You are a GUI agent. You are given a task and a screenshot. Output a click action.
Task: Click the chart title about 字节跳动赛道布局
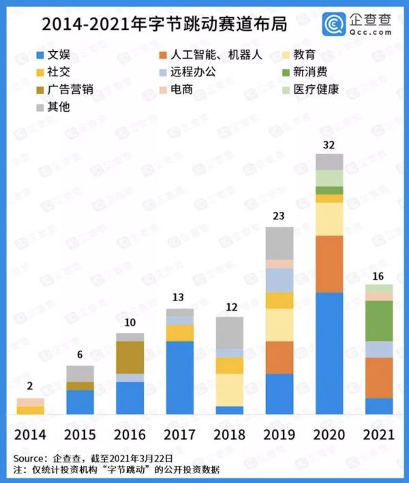click(x=164, y=25)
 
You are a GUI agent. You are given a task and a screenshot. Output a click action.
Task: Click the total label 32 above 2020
click(x=330, y=144)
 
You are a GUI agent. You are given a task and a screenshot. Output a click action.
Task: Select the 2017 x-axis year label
click(x=180, y=434)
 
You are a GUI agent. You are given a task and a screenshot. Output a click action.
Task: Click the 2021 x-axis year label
click(x=378, y=434)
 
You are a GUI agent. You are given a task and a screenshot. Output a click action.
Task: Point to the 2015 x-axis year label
click(x=80, y=434)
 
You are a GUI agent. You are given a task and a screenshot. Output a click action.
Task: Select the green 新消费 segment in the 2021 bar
click(x=379, y=320)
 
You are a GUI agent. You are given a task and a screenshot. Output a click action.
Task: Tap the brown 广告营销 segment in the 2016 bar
click(x=130, y=357)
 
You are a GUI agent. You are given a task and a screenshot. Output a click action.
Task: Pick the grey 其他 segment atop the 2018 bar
click(x=230, y=332)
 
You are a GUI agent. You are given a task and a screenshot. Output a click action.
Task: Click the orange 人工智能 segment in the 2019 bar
click(x=279, y=357)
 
